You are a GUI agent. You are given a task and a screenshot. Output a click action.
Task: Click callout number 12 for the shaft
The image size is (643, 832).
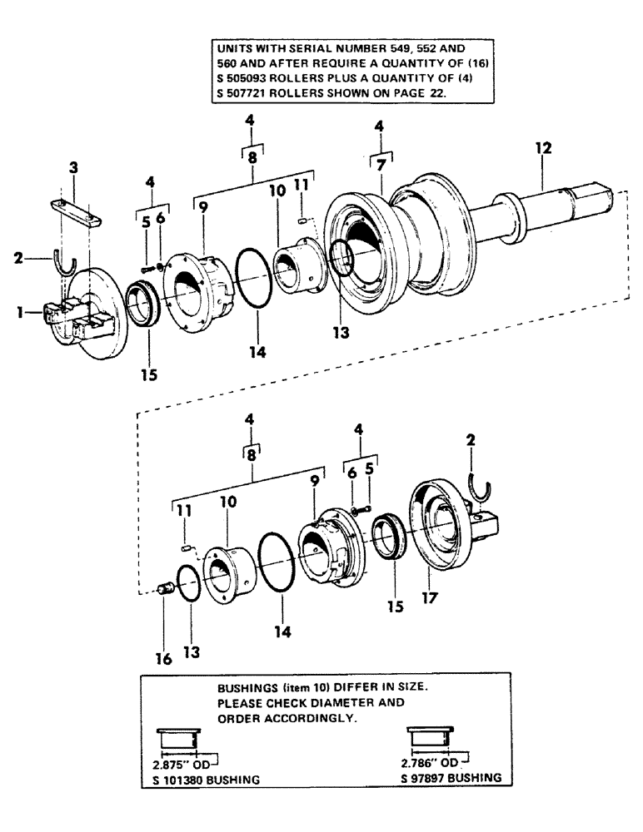click(x=543, y=149)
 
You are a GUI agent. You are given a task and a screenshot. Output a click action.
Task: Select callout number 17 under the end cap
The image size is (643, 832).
click(x=429, y=597)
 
